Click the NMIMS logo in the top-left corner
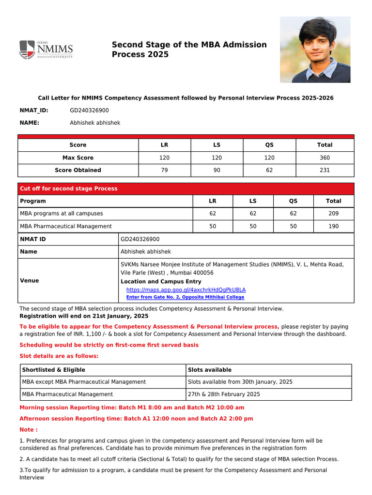click(46, 49)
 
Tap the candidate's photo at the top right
click(315, 49)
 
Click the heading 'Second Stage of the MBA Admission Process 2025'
click(189, 49)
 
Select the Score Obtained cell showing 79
click(164, 170)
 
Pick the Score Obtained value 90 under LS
click(217, 170)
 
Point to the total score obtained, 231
click(325, 170)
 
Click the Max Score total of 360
click(325, 158)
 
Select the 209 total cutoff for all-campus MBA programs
click(333, 214)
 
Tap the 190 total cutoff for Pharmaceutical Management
click(333, 226)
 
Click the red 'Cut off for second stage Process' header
click(68, 189)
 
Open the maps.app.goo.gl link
click(186, 290)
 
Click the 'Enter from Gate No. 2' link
click(185, 297)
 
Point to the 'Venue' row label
click(30, 280)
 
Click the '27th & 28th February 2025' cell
click(224, 394)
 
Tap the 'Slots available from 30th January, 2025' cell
click(240, 382)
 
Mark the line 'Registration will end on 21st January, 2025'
click(84, 316)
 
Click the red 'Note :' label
click(29, 430)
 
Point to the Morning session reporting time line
click(132, 408)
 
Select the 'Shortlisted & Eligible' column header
click(53, 370)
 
